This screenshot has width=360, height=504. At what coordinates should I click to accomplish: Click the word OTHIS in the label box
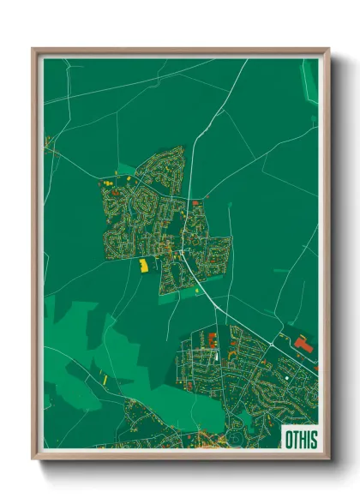click(300, 439)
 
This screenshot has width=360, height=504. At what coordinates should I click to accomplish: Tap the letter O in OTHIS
click(289, 439)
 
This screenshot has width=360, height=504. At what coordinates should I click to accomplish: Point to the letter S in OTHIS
click(313, 439)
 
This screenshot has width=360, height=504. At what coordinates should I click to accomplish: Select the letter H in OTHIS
click(303, 439)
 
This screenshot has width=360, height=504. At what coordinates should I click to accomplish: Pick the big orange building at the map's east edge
click(303, 343)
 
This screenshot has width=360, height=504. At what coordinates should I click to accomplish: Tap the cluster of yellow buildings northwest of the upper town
click(110, 181)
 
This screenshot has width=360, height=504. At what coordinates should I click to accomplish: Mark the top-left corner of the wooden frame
click(33, 50)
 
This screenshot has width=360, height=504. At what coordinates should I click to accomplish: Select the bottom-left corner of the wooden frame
click(33, 458)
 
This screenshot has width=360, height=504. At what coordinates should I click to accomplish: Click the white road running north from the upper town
click(193, 146)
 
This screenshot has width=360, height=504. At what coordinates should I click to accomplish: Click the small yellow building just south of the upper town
click(196, 291)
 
